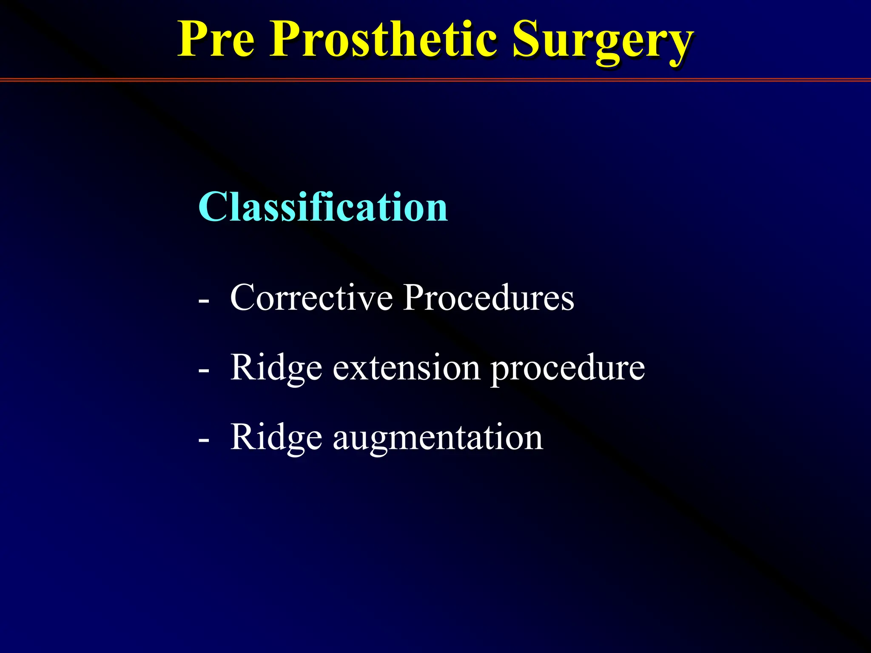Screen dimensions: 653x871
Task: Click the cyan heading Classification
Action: [x=323, y=207]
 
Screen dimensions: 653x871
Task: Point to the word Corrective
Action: [x=311, y=297]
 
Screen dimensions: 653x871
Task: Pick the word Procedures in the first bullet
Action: [x=488, y=297]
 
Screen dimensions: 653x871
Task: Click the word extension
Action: [x=407, y=367]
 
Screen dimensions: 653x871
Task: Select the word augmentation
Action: [x=438, y=438]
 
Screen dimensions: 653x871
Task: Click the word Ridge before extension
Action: [x=276, y=368]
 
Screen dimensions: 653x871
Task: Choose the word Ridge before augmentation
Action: [x=276, y=438]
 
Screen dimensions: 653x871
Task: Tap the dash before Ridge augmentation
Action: [x=204, y=440]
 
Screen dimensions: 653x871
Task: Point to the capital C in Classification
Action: [x=212, y=207]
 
